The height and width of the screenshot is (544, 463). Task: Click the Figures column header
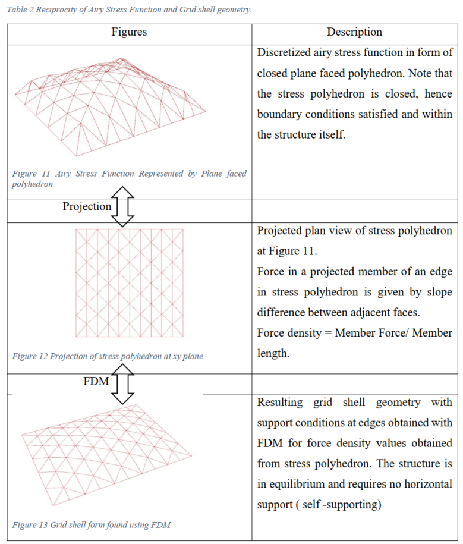pyautogui.click(x=129, y=32)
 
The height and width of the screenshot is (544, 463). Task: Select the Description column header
pyautogui.click(x=354, y=32)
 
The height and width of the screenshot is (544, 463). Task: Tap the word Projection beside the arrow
pyautogui.click(x=87, y=206)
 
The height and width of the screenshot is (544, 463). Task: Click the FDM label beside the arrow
pyautogui.click(x=96, y=381)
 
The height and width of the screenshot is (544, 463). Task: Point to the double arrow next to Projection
pyautogui.click(x=123, y=206)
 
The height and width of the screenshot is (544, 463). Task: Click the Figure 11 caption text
pyautogui.click(x=129, y=178)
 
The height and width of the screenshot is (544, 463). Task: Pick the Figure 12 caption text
pyautogui.click(x=108, y=356)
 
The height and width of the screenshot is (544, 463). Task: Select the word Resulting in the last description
pyautogui.click(x=281, y=403)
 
